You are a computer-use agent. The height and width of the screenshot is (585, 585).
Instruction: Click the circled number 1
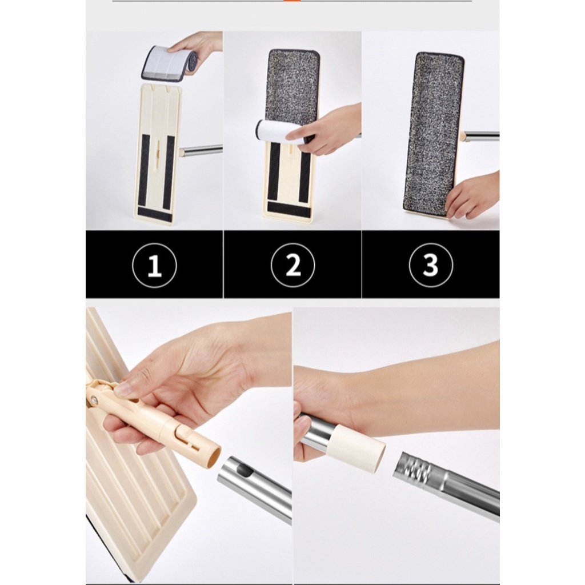click(x=154, y=265)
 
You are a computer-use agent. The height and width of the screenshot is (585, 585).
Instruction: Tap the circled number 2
click(x=292, y=265)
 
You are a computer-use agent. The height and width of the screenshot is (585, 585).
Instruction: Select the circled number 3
click(x=431, y=265)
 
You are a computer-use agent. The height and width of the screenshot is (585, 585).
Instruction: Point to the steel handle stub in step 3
click(x=481, y=136)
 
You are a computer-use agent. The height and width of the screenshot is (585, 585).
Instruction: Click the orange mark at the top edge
click(x=292, y=1)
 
